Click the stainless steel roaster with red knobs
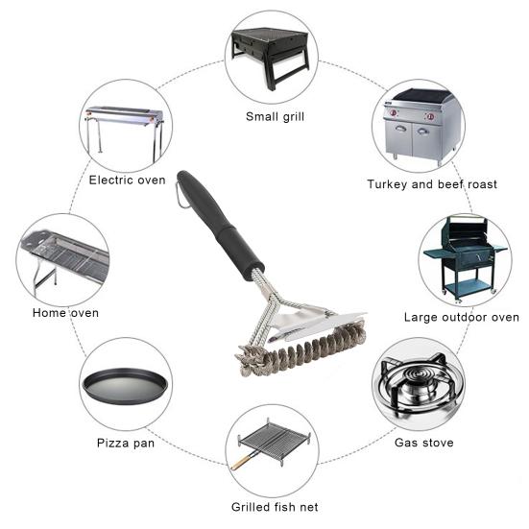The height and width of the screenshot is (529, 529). coord(418,128)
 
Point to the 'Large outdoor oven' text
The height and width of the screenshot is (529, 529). coord(461,317)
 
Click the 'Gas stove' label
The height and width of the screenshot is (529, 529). coord(424,443)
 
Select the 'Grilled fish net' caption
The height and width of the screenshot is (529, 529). coord(275,506)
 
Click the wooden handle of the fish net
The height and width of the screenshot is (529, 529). coord(244,462)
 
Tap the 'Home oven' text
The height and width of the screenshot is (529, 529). coord(65,313)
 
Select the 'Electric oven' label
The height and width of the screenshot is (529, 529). coord(127,180)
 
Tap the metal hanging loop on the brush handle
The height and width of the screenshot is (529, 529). coord(181,194)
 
